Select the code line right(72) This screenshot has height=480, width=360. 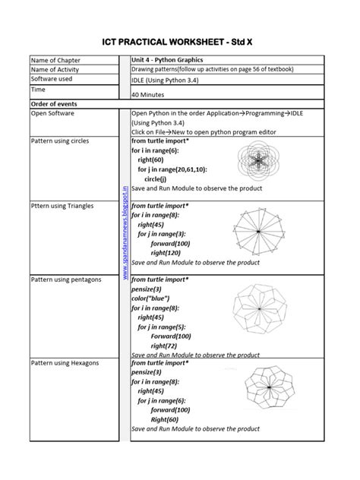pyautogui.click(x=165, y=345)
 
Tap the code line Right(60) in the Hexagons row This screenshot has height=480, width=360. pyautogui.click(x=164, y=419)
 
